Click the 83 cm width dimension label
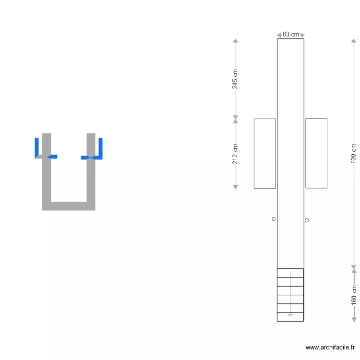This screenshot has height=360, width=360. coord(291,35)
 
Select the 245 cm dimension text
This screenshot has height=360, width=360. coord(235,79)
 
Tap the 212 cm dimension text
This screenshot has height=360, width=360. coord(235,154)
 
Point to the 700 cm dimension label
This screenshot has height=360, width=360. coord(353,154)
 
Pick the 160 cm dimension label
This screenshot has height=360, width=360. coord(354,295)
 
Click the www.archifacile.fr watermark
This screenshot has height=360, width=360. coord(330,348)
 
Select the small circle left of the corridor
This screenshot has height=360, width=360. coord(274,219)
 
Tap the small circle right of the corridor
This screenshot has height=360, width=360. coord(307,220)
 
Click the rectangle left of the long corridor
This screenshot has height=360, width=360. coord(264,154)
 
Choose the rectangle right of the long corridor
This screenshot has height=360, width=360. coord(316,153)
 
